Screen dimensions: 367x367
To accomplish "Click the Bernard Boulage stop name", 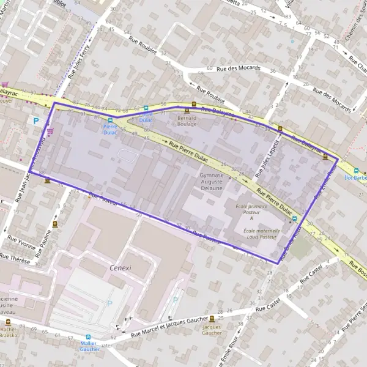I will tap(187, 120).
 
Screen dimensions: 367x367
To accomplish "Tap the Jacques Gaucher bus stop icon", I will tap(212, 319).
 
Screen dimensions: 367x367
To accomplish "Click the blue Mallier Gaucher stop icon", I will tap(88, 336).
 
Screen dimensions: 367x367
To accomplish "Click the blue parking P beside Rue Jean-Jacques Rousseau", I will tap(36, 121).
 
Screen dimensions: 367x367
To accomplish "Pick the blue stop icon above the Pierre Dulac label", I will tap(110, 120).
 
